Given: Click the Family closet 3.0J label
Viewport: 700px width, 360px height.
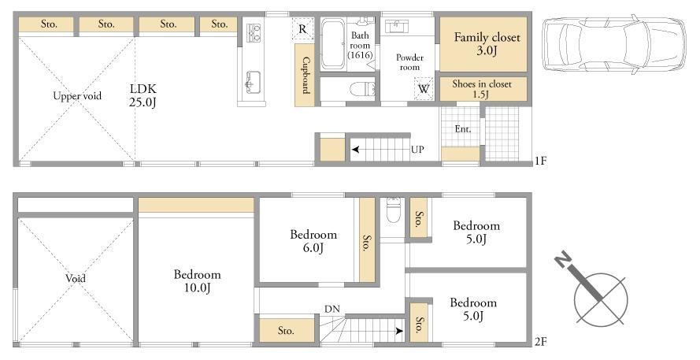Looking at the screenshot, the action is tap(487, 43).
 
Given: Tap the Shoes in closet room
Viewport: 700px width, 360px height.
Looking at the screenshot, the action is tap(483, 89).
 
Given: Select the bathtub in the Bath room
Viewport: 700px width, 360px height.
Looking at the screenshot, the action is tap(332, 44).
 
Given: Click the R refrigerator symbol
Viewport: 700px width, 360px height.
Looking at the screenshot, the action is tap(302, 29).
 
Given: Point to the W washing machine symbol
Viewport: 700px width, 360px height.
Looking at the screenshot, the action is tap(423, 88).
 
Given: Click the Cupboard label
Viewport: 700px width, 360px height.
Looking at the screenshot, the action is tap(306, 75).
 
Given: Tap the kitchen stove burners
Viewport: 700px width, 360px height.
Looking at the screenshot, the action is tap(254, 33).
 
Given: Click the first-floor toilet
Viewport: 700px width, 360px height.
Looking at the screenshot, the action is tap(362, 89).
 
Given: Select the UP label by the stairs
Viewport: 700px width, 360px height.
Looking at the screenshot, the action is tap(417, 150).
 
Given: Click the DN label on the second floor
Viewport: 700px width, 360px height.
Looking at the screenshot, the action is tap(332, 309).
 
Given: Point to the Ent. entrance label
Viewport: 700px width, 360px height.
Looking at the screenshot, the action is tap(463, 129).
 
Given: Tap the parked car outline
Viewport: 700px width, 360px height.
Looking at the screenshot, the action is tap(614, 44).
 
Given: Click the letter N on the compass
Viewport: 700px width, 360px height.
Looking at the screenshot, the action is tap(564, 259).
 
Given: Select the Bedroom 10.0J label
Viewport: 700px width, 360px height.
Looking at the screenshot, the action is tap(197, 281).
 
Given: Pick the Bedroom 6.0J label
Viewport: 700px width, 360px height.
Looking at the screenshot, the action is tap(313, 241).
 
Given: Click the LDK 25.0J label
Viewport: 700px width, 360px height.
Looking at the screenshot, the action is tap(143, 95).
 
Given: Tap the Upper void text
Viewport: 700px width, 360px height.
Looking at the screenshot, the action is tap(77, 95).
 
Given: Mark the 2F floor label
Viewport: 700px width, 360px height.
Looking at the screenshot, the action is tap(540, 342).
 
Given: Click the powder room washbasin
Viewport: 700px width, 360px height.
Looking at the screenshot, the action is tap(395, 26).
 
